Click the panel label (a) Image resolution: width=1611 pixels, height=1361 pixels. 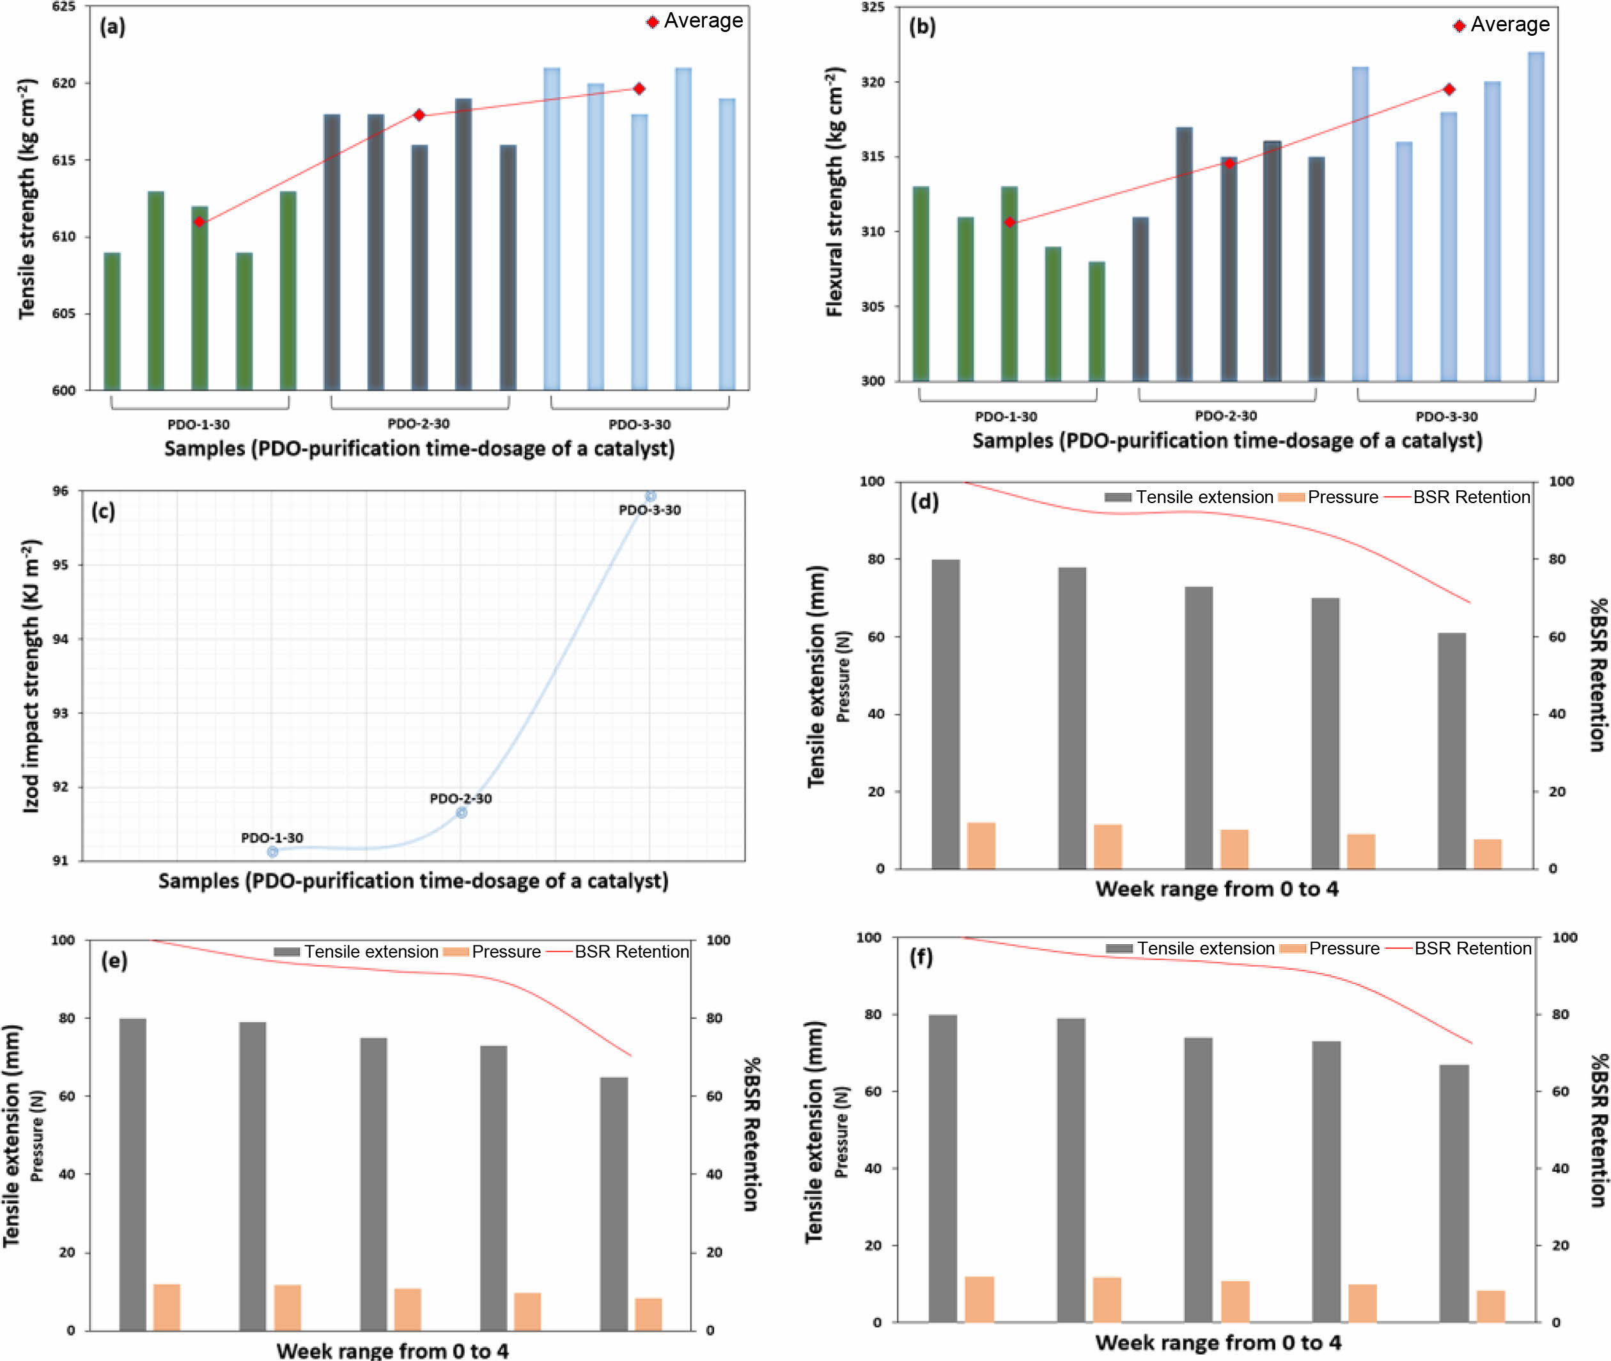pyautogui.click(x=112, y=27)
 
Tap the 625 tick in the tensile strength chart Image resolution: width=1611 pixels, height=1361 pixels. pyautogui.click(x=64, y=7)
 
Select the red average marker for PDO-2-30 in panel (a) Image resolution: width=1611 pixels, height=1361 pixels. pyautogui.click(x=419, y=115)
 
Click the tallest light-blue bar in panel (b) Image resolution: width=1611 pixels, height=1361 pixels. pyautogui.click(x=1536, y=216)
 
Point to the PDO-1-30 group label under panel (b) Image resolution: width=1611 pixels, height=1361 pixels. pyautogui.click(x=1006, y=417)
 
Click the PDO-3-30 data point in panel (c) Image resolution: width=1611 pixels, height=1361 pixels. pyautogui.click(x=650, y=496)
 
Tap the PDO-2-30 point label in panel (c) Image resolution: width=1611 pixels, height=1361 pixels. pyautogui.click(x=461, y=798)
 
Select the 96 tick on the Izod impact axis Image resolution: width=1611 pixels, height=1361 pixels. pyautogui.click(x=60, y=492)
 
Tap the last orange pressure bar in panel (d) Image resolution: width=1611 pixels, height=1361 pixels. pyautogui.click(x=1488, y=854)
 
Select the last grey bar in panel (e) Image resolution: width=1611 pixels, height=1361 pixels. pyautogui.click(x=614, y=1204)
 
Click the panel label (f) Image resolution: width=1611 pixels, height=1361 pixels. pyautogui.click(x=921, y=958)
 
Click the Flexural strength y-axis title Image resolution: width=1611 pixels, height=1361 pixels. pyautogui.click(x=835, y=192)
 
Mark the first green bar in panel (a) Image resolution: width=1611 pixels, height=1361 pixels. pyautogui.click(x=112, y=321)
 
